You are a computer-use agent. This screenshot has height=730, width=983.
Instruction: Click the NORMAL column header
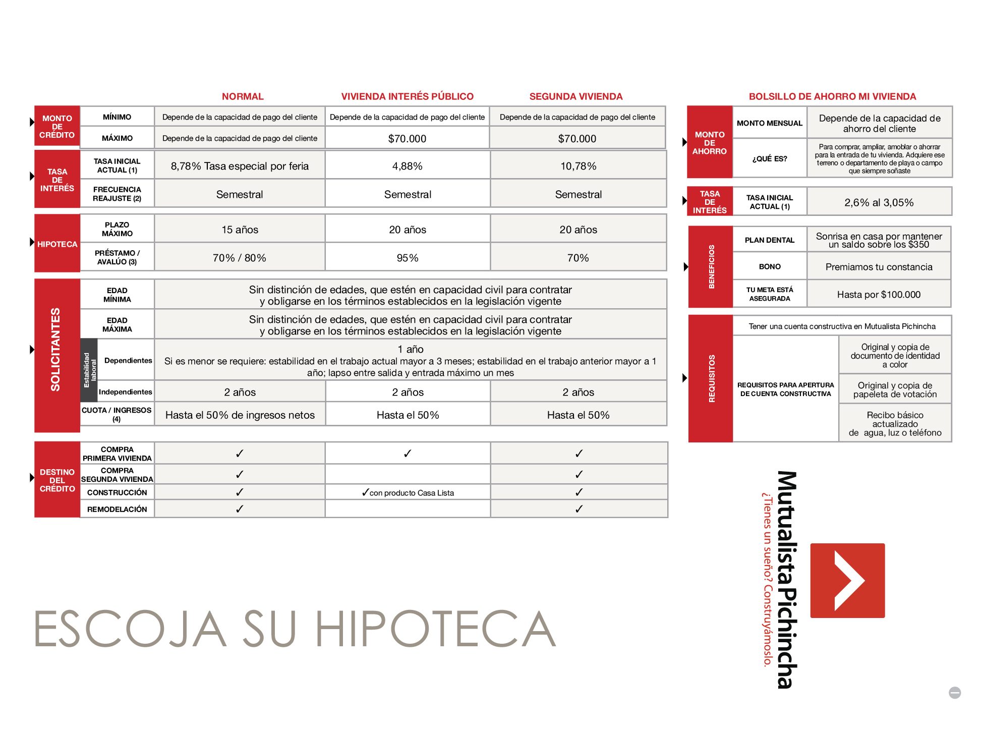[x=243, y=96]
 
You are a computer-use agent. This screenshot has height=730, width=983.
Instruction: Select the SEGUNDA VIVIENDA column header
[x=575, y=96]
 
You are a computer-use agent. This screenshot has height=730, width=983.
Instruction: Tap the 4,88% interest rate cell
[x=407, y=166]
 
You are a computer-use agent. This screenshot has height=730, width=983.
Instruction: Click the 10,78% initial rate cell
[x=578, y=166]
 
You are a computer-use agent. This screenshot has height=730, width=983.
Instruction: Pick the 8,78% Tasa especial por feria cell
[x=240, y=166]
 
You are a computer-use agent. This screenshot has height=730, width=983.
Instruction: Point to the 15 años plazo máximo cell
[x=240, y=230]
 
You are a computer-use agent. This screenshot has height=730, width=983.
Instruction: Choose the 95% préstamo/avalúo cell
[x=407, y=258]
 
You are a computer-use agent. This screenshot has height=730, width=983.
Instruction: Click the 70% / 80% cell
[x=240, y=258]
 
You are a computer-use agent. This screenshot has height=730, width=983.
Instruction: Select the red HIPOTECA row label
[x=57, y=244]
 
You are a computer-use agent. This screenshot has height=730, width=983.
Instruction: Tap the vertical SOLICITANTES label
[x=55, y=349]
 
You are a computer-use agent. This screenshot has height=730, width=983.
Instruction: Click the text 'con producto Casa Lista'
[x=411, y=493]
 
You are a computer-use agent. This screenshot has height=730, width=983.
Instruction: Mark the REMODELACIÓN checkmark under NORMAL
[x=240, y=509]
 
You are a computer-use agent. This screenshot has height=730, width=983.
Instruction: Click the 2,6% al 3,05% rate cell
[x=879, y=202]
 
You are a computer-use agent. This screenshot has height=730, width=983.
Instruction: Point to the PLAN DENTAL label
[x=769, y=240]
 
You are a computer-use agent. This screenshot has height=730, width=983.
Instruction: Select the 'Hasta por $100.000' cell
[x=879, y=295]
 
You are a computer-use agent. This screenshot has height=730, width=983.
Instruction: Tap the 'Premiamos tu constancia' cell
[x=879, y=267]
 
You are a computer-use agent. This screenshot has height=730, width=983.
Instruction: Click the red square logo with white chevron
[x=847, y=581]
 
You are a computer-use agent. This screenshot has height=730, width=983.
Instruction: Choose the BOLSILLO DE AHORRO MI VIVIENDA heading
[x=832, y=96]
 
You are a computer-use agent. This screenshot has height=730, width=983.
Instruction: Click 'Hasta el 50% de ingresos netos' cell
[x=240, y=415]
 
